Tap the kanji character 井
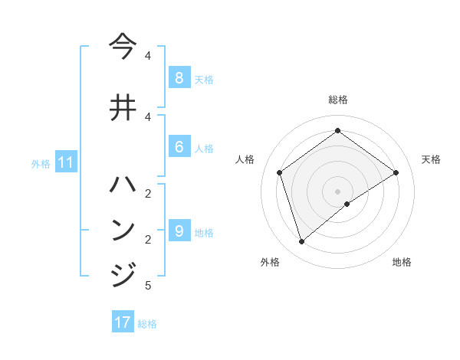coord(123,106)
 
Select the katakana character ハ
coord(123,184)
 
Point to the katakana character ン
coord(123,229)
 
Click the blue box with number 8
coord(179,77)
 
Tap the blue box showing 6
coord(179,146)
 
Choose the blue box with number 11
coord(65,162)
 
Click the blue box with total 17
coord(123,322)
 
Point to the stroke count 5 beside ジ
coord(148,286)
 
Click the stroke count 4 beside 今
coord(148,56)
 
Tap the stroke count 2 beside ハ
coord(148,193)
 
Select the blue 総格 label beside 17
coord(147,324)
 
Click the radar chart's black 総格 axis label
coord(338,100)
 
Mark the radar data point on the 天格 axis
coord(396,172)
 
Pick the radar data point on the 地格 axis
coord(347,204)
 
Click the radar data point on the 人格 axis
coord(280,172)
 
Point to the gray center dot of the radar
coord(338,191)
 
